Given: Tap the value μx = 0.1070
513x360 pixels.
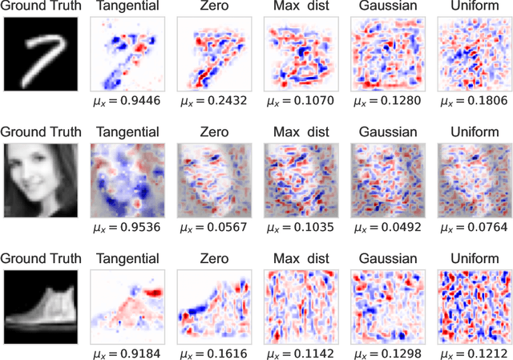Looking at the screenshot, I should [x=297, y=103].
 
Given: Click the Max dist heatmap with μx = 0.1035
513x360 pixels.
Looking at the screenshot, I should [x=298, y=179].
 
